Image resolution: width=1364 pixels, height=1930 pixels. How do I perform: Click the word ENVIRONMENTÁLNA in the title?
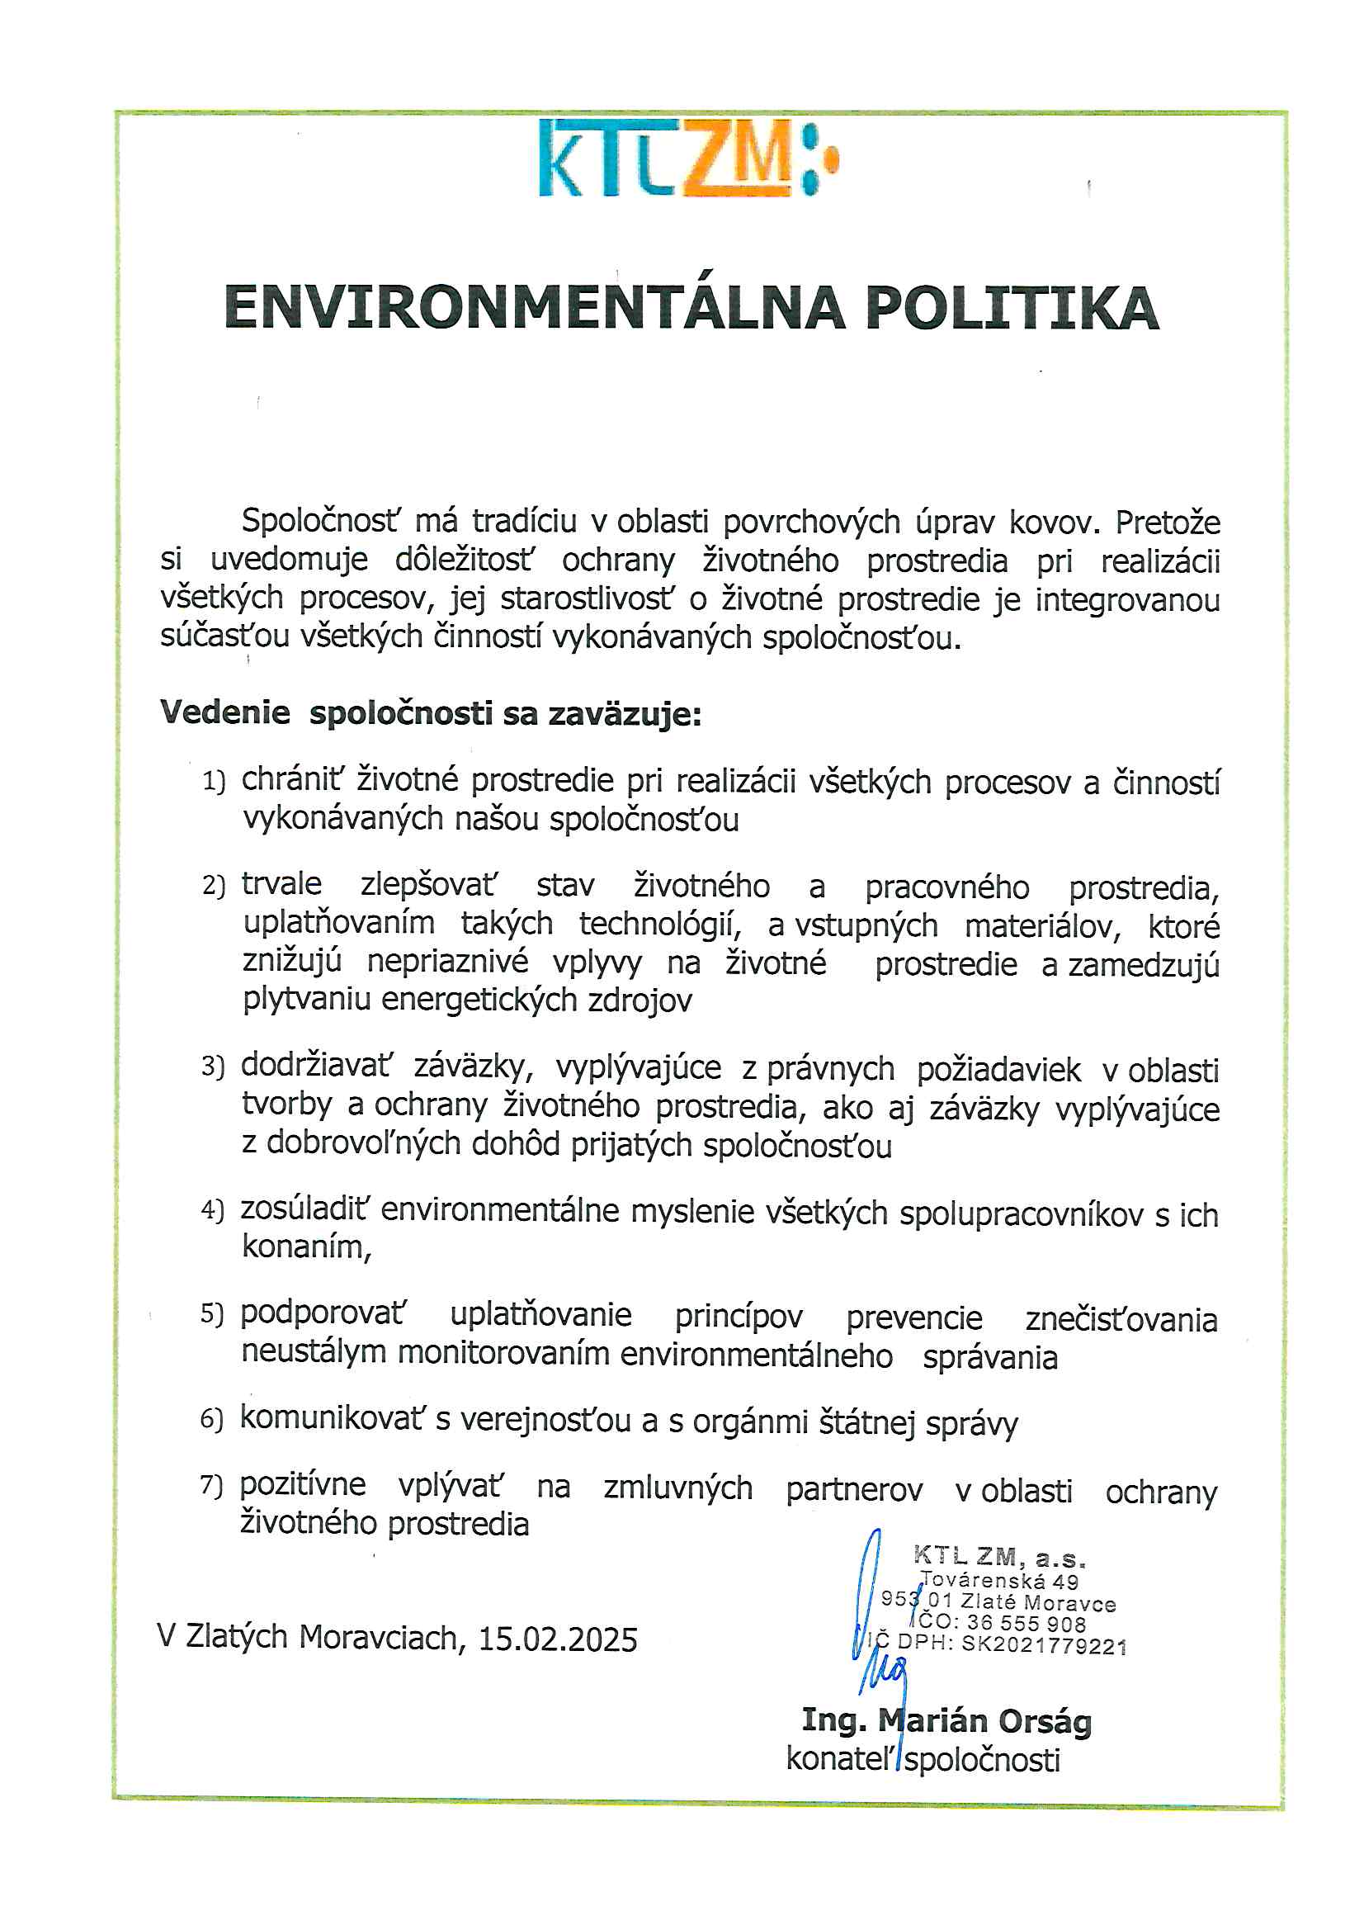(535, 308)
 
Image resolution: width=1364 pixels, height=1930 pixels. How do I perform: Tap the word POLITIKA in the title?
(1012, 308)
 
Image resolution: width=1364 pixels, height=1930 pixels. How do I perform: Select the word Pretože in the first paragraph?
(1168, 523)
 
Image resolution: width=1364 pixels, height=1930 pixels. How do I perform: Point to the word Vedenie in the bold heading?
(225, 713)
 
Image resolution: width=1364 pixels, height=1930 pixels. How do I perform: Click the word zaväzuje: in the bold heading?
(625, 715)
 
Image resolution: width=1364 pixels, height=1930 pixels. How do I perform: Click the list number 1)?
(214, 782)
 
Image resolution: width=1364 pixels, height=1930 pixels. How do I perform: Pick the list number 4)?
(213, 1210)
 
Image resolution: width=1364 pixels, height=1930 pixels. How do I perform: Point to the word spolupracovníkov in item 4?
(1021, 1213)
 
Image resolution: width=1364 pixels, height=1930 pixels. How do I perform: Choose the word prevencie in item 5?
(913, 1317)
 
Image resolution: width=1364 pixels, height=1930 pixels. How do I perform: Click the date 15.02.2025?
(558, 1639)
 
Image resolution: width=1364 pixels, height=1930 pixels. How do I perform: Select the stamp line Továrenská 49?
(1000, 1580)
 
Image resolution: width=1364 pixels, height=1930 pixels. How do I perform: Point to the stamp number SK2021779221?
(1044, 1645)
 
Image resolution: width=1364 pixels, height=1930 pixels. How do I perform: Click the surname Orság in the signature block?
(1045, 1720)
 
